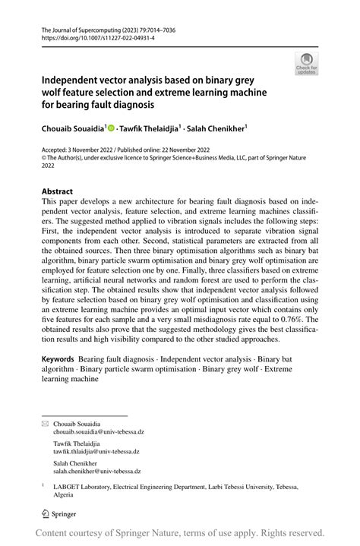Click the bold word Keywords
[63, 358]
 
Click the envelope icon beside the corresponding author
[44, 423]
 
